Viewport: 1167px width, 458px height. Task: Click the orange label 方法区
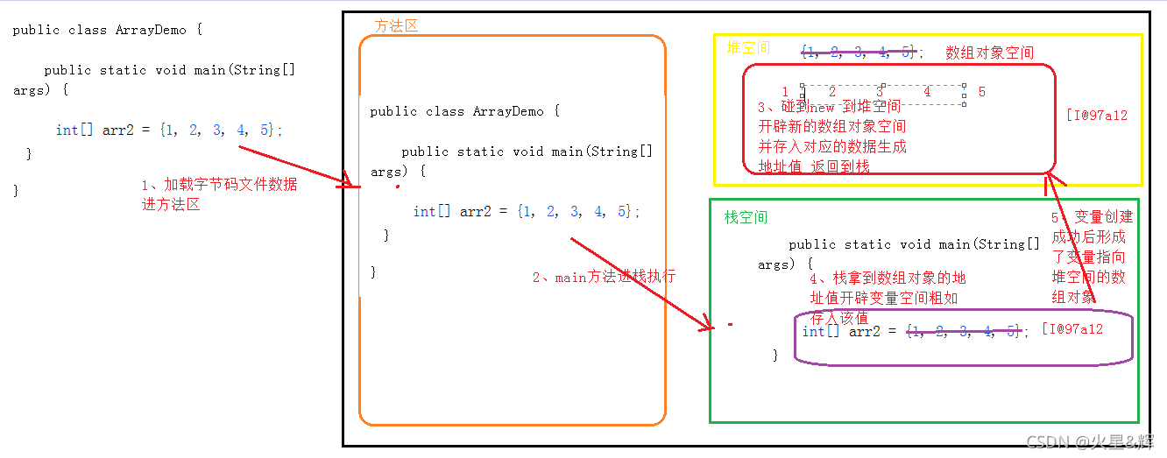(396, 26)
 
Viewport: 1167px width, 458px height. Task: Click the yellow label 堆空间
(747, 47)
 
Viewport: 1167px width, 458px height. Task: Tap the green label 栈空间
(746, 217)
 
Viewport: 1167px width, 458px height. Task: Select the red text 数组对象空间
(989, 53)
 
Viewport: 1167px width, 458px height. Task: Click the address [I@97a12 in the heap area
(1096, 115)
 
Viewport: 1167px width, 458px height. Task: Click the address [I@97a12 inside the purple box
(1072, 329)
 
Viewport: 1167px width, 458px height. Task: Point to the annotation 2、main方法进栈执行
(604, 277)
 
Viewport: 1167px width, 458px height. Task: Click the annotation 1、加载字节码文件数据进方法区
(219, 194)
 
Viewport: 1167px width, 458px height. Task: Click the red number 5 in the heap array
(982, 92)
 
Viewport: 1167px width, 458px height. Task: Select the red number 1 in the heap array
(785, 92)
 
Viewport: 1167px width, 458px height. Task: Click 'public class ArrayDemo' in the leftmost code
(100, 30)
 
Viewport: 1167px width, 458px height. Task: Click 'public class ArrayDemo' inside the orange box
(456, 111)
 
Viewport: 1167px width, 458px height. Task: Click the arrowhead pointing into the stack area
(708, 328)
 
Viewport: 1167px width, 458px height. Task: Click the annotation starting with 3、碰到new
(831, 137)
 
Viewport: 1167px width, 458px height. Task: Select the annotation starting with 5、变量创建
(1092, 256)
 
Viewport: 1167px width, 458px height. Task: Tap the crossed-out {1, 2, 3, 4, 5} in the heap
(858, 53)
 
